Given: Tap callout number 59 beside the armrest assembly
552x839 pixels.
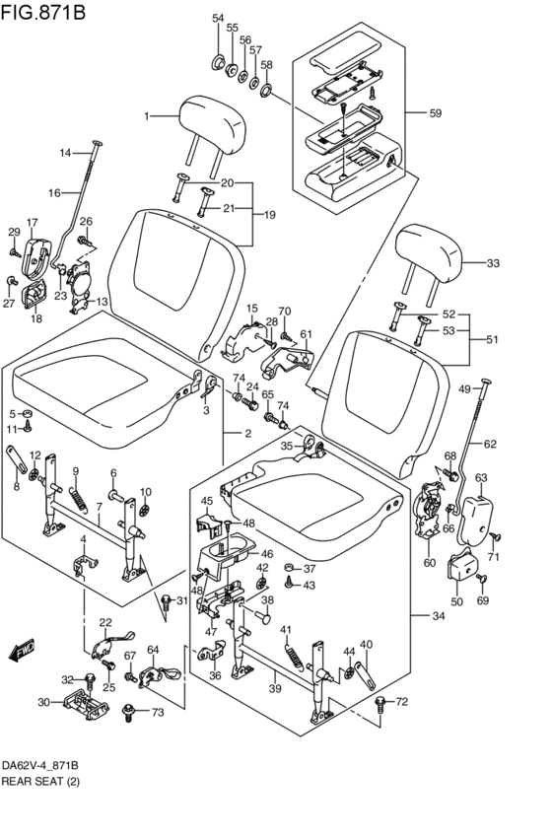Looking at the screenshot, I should [435, 113].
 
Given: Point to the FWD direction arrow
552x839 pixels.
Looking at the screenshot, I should [22, 650].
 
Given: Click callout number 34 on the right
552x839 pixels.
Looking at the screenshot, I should [438, 617].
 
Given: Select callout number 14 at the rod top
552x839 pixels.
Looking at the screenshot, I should [66, 152].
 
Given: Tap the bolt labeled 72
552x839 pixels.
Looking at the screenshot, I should [381, 703].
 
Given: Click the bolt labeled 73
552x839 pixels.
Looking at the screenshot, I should [128, 709].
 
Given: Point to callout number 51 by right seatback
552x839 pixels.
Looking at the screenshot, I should [492, 340].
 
